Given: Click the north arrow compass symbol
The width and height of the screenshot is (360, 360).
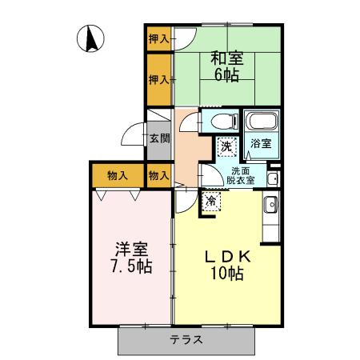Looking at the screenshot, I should tap(93, 38).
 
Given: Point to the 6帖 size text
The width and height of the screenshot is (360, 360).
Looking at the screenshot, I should tap(227, 77).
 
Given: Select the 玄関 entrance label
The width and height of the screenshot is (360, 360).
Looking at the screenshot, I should tap(158, 138).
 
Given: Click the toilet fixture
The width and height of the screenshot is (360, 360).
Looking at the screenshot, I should tap(223, 122).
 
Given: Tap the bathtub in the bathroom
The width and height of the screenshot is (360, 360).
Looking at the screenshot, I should tap(261, 123).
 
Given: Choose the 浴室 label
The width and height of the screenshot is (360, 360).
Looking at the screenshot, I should tap(261, 145).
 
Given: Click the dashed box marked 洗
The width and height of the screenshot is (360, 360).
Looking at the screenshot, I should tap(227, 146).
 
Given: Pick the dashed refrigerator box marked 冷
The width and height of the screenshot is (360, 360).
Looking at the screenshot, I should tap(211, 200).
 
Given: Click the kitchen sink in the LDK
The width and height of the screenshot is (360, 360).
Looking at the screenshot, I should tap(270, 204).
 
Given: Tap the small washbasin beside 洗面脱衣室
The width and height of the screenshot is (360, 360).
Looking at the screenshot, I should tap(273, 177).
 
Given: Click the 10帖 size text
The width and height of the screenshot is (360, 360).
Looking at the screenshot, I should tap(226, 275).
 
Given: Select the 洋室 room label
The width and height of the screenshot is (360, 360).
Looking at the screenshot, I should tap(130, 247).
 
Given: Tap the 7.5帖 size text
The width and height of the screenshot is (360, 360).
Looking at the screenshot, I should tap(130, 265).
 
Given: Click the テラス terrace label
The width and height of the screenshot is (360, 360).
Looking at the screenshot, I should tap(186, 338).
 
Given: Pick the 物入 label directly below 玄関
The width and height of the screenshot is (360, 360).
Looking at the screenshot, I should tap(158, 174).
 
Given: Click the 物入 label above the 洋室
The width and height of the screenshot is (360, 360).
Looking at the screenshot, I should tap(117, 174).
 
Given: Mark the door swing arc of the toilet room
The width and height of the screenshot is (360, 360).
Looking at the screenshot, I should tap(189, 122).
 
